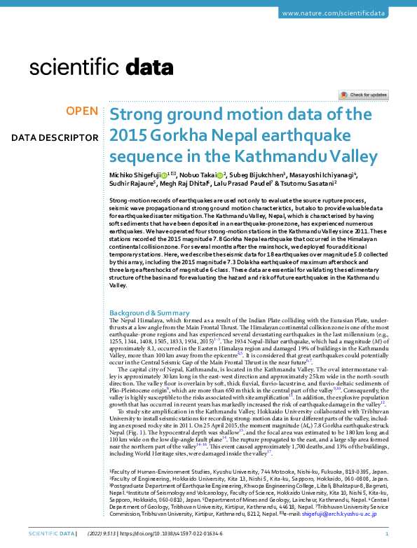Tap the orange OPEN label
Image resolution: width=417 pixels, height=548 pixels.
coord(82,111)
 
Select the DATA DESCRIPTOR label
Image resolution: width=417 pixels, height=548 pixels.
coord(55,137)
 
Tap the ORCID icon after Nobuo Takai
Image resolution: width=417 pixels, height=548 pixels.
coord(219,174)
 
